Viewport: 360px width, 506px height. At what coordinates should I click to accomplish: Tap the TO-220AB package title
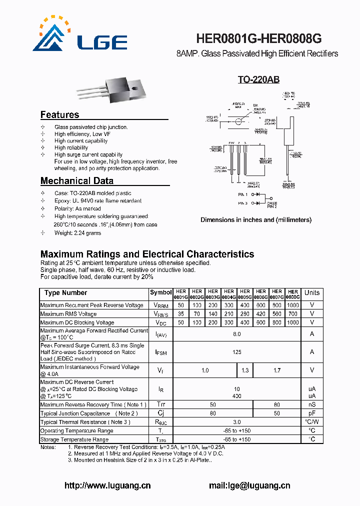click(258, 80)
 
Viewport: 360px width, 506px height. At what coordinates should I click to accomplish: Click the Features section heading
click(59, 114)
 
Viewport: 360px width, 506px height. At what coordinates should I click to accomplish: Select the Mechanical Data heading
click(76, 180)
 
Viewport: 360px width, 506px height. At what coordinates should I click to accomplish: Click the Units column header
click(312, 293)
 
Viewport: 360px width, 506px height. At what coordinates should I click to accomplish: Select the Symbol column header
click(160, 292)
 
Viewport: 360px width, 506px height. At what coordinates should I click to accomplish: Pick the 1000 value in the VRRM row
click(293, 305)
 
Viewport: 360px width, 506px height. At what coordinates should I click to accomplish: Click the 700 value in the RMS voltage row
click(293, 314)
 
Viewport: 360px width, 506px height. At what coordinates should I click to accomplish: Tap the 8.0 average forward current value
click(237, 334)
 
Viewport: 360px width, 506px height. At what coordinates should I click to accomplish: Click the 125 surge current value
click(237, 352)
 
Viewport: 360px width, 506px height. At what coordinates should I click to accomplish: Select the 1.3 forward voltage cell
click(245, 370)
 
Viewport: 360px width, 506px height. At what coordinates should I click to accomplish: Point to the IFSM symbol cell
click(160, 352)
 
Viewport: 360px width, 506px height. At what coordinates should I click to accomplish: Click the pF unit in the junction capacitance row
click(312, 413)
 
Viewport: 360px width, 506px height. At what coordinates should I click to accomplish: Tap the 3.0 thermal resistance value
click(237, 422)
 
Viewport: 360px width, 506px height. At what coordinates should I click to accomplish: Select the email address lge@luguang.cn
click(249, 485)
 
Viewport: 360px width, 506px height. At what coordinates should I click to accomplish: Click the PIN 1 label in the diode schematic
click(243, 193)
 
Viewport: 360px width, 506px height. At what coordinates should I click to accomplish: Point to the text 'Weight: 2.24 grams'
click(77, 233)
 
